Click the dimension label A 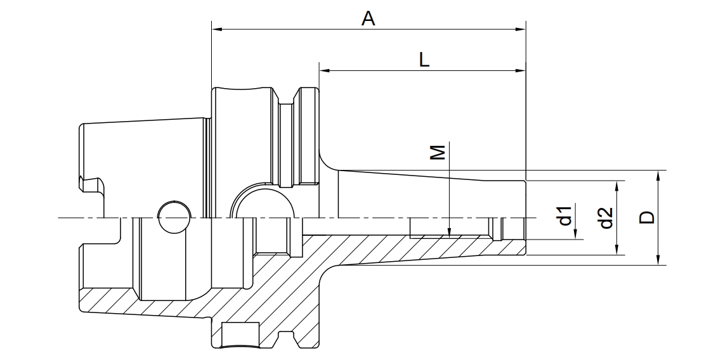368,18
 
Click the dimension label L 424,60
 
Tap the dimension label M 438,152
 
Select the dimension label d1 565,215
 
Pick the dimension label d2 606,217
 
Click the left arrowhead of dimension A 217,30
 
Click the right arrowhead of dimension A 520,30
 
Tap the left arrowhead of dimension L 324,70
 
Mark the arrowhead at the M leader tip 449,230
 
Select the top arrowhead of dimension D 658,176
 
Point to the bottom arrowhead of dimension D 658,259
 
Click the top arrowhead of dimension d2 617,186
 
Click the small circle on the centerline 174,217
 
